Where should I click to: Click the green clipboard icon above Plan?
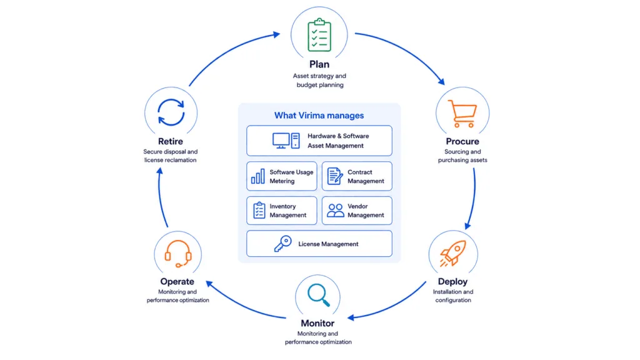click(x=319, y=35)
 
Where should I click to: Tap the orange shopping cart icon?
click(x=462, y=114)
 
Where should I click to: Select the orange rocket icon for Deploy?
click(x=452, y=254)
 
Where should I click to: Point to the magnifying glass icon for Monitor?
click(x=319, y=295)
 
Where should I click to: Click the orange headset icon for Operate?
click(x=178, y=254)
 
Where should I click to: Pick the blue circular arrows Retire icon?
click(x=171, y=112)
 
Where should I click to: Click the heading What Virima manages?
click(x=319, y=116)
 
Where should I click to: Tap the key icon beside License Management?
click(x=283, y=244)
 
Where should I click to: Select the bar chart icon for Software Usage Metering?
click(x=258, y=176)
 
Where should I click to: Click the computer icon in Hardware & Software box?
click(x=286, y=141)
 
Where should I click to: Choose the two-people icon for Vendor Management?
click(x=336, y=211)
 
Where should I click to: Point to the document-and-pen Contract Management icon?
click(x=335, y=176)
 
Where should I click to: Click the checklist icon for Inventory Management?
click(x=259, y=211)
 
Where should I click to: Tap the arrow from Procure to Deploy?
click(x=473, y=199)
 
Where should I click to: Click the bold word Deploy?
click(x=452, y=282)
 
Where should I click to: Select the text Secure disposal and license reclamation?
click(x=170, y=156)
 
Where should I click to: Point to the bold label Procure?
click(x=462, y=141)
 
